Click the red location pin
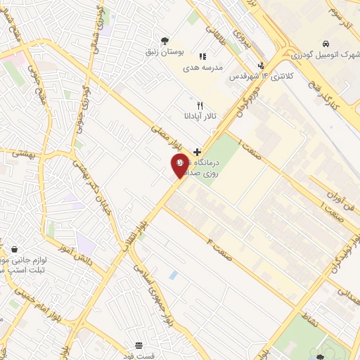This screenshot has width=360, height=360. click(x=180, y=166)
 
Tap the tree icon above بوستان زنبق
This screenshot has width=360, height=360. click(x=165, y=40)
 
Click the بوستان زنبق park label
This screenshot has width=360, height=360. click(x=165, y=52)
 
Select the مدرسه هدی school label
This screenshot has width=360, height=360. click(x=202, y=68)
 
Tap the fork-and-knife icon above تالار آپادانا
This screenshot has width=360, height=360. click(x=200, y=105)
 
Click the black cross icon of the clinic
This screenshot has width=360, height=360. click(x=197, y=151)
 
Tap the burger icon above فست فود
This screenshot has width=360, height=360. click(x=139, y=345)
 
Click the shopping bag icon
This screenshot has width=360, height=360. click(x=15, y=249)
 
